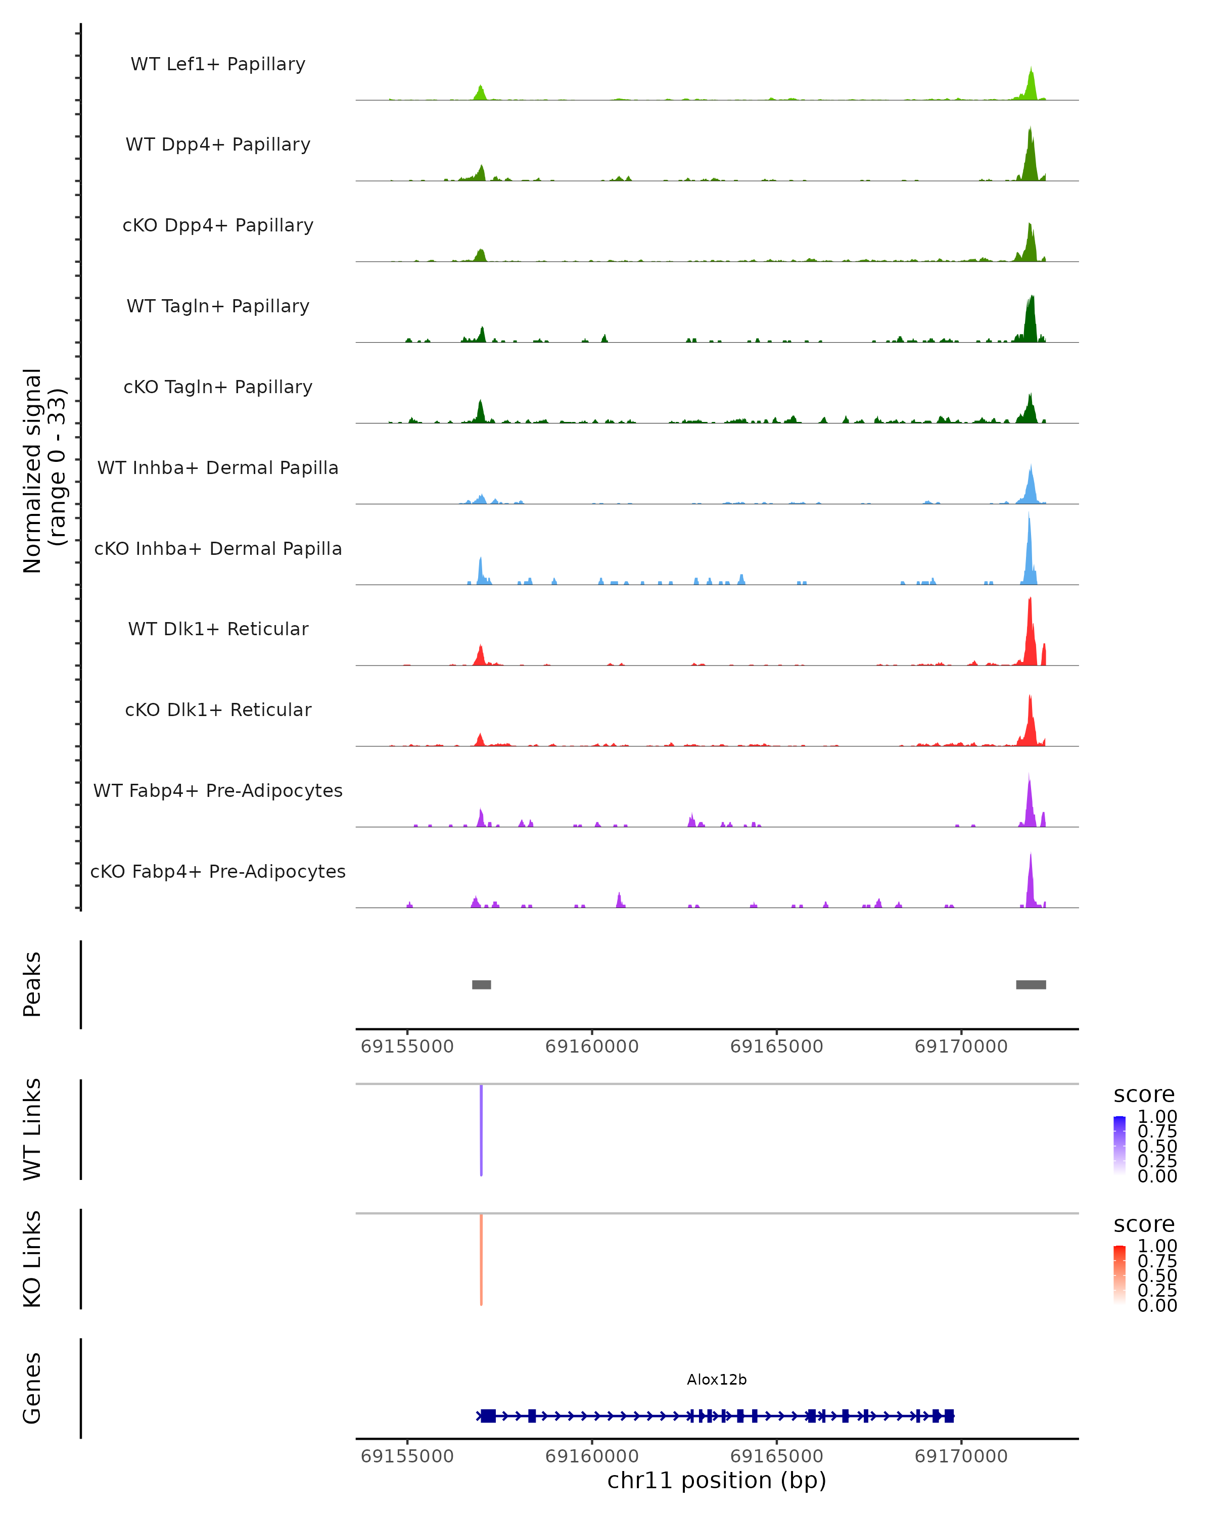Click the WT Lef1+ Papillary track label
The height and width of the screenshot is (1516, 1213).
click(218, 64)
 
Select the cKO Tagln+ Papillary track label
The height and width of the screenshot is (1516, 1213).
click(218, 387)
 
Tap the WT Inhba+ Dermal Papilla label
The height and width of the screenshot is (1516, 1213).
click(218, 467)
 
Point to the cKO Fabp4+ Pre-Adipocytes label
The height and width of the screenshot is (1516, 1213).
click(218, 871)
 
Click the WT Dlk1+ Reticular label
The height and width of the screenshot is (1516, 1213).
click(218, 629)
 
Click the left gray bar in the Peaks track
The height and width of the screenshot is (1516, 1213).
click(481, 984)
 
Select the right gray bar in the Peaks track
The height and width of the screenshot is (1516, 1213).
click(1031, 984)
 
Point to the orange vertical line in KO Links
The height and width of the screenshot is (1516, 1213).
click(481, 1259)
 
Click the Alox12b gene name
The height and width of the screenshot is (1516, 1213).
click(717, 1380)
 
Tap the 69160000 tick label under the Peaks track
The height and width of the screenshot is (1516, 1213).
click(591, 1047)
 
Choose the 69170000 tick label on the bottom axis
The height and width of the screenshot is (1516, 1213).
click(961, 1456)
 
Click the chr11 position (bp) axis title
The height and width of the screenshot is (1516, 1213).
click(717, 1480)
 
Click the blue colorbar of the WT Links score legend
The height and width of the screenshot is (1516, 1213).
click(1119, 1145)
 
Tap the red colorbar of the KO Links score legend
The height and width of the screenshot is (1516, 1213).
click(1119, 1274)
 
